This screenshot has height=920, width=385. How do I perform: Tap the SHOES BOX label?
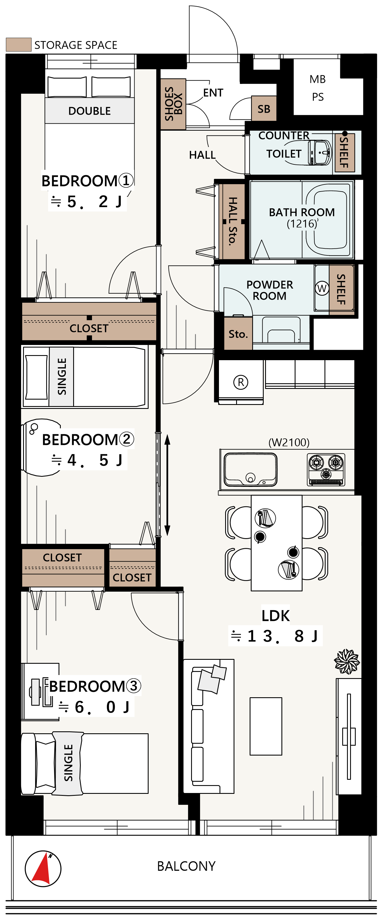coord(173,104)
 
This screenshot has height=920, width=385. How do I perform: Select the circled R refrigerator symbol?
coord(241,382)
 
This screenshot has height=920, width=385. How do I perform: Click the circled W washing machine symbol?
coord(322,288)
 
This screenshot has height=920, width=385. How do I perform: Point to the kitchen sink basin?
coord(250,469)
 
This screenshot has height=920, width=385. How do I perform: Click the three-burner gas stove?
coord(326,469)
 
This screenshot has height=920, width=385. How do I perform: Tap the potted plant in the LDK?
coord(347,661)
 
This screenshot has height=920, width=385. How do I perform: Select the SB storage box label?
coord(264,109)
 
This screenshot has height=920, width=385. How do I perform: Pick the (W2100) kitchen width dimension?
coord(289,442)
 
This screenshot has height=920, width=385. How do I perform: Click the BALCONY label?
coord(186,866)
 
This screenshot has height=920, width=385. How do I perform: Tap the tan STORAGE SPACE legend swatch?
coord(19,45)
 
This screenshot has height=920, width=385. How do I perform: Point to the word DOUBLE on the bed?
coord(89,111)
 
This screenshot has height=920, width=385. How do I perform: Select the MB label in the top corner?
coord(317,79)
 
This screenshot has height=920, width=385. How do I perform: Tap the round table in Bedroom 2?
coord(41,447)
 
